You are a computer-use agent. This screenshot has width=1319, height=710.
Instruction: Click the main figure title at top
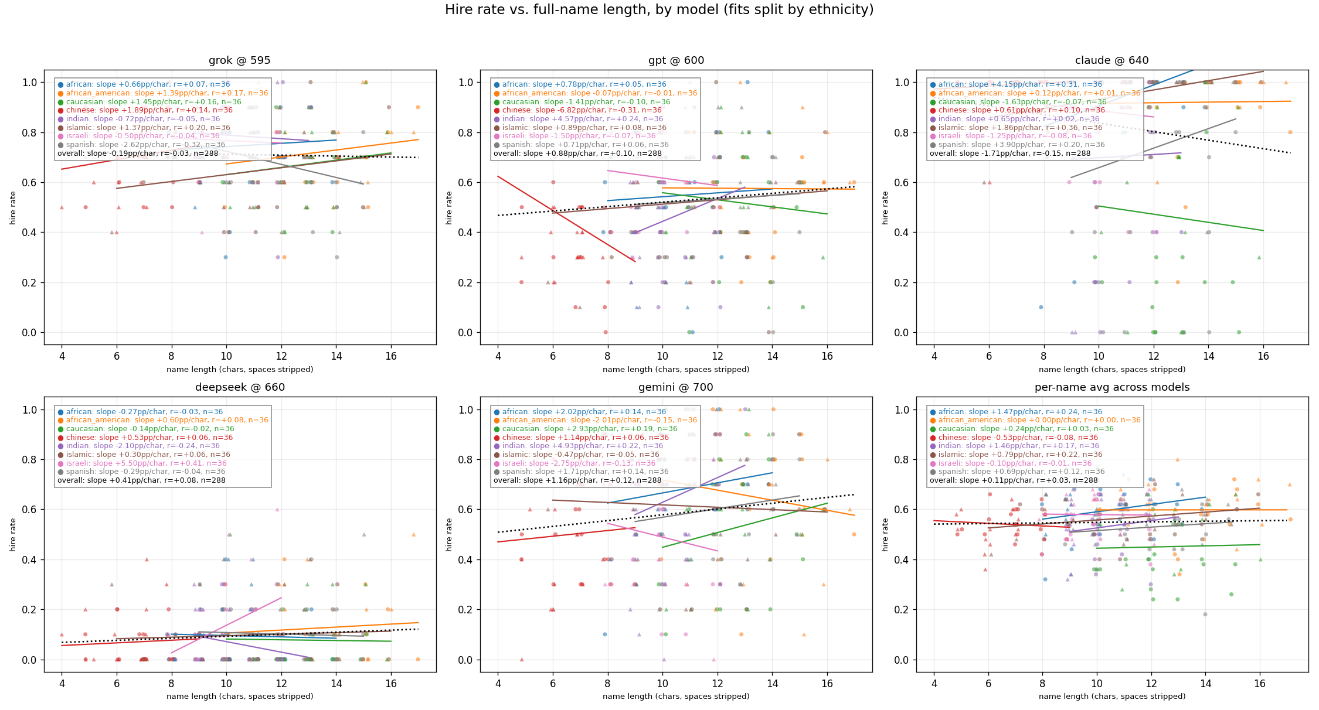tap(659, 10)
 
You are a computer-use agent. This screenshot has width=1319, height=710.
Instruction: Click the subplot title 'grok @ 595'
tap(239, 60)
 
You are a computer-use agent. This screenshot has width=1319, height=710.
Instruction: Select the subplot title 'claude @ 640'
tap(1111, 60)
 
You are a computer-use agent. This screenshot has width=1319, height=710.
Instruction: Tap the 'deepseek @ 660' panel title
tap(239, 387)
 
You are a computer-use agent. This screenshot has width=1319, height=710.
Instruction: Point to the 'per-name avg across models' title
tap(1111, 387)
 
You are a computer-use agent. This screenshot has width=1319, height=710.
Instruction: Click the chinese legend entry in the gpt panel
tap(581, 110)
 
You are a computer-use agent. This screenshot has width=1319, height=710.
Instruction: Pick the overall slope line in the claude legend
tap(1009, 153)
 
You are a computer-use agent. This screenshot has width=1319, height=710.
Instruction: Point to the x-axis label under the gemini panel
tap(675, 697)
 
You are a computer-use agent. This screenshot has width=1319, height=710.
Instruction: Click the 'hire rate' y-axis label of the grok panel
tap(13, 207)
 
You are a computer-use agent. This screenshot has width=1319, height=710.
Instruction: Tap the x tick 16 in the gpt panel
tap(827, 356)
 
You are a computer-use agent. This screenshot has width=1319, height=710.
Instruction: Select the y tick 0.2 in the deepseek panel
tap(29, 610)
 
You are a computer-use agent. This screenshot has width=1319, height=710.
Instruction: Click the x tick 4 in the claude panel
tap(934, 356)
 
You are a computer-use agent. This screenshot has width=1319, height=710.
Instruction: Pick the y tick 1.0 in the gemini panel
tap(465, 409)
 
